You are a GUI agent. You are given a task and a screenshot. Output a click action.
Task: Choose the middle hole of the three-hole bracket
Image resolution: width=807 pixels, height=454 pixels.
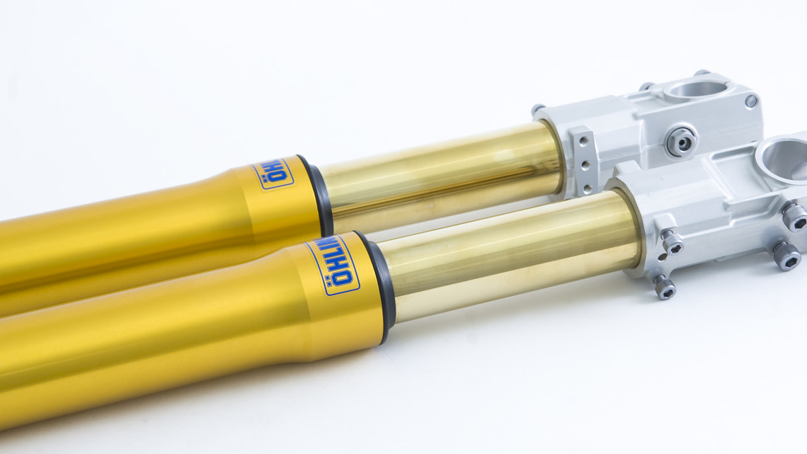click(x=585, y=165)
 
